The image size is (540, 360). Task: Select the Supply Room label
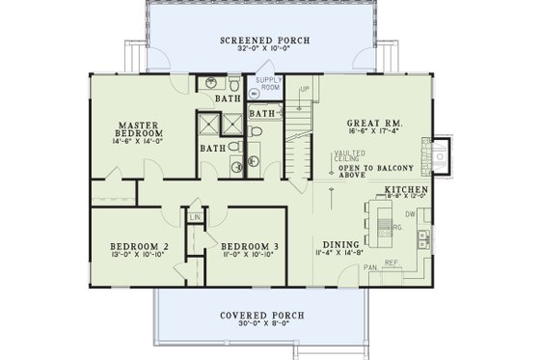click(x=268, y=83)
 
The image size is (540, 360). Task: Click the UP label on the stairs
click(x=306, y=90)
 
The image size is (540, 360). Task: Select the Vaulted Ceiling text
click(x=348, y=156)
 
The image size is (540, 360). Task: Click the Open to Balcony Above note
click(x=372, y=172)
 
